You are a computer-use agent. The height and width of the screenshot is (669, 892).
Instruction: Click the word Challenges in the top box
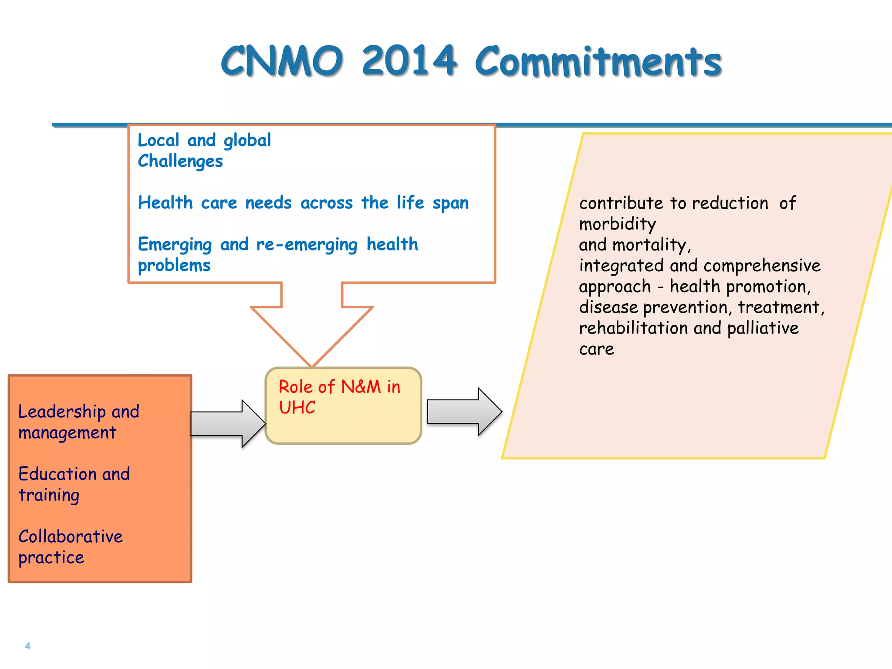pos(180,161)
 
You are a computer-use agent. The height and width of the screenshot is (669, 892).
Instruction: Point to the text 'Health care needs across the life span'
pos(303,203)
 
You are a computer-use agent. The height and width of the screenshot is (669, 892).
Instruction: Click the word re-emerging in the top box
pos(307,245)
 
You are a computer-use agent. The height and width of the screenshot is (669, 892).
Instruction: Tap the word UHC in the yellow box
pos(297,408)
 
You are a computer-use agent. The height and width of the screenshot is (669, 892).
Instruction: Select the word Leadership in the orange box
pos(62,412)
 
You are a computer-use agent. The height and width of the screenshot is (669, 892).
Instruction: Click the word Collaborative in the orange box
pos(71,537)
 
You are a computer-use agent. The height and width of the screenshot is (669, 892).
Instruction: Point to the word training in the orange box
pos(49,496)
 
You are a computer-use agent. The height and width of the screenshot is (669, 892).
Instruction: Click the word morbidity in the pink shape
pos(617,224)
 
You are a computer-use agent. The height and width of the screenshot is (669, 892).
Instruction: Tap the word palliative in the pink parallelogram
pos(763,328)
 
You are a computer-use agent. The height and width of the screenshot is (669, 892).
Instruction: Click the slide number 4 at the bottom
pos(28,646)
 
